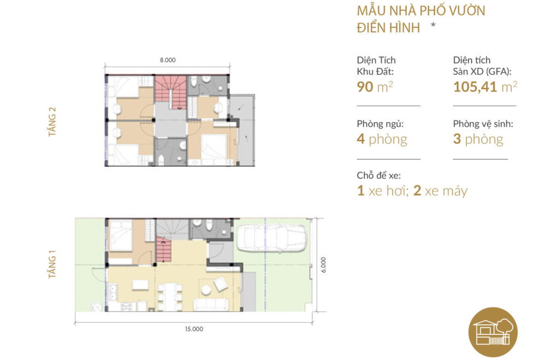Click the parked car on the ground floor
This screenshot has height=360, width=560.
click(271, 236)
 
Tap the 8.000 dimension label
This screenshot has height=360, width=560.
click(168, 61)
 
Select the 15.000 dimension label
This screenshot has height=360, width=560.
click(194, 329)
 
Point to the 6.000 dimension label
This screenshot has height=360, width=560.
click(324, 265)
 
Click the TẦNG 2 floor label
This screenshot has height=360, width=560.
click(53, 121)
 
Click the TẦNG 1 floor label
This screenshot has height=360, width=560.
click(53, 265)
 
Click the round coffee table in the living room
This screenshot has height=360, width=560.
click(206, 289)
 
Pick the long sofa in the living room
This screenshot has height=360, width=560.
click(211, 304)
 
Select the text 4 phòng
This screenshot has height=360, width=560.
click(382, 139)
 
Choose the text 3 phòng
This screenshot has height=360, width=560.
click(478, 139)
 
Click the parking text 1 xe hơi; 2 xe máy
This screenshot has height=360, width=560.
click(412, 191)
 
